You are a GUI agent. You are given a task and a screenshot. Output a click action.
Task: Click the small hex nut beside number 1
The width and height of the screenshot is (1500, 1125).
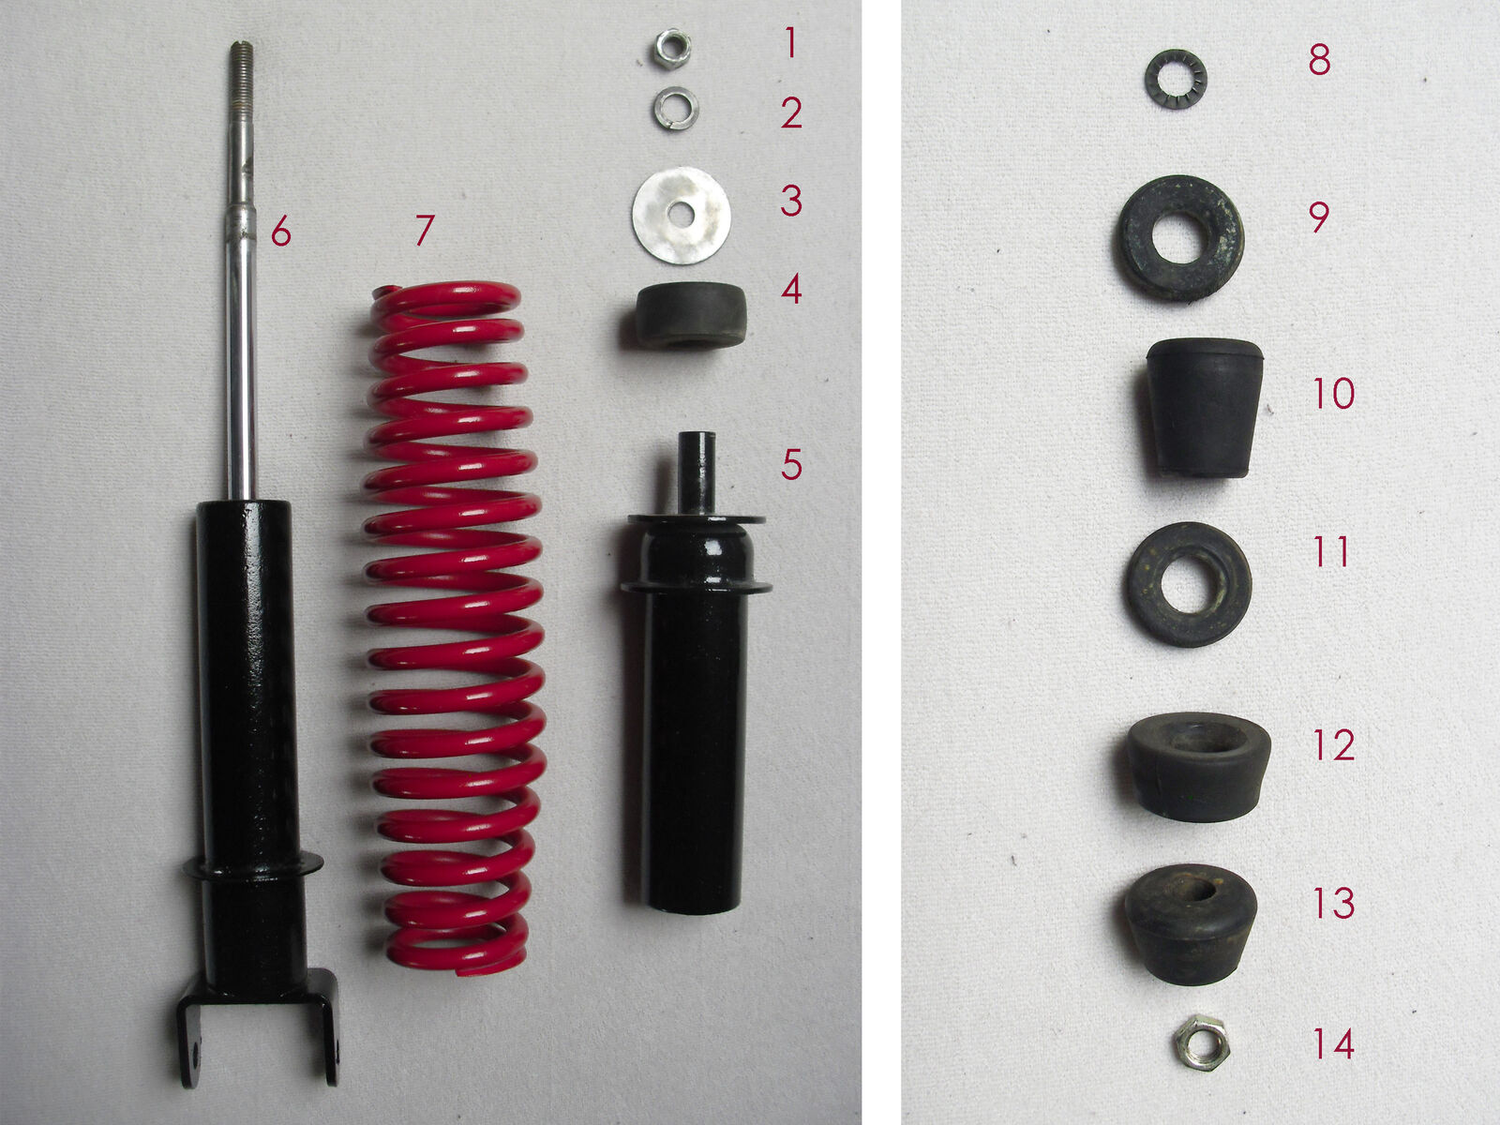tap(673, 49)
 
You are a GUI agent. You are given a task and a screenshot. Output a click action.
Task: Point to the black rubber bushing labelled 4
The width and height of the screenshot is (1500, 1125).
tap(691, 315)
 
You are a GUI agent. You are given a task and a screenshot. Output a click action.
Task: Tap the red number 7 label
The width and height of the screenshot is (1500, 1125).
tap(425, 230)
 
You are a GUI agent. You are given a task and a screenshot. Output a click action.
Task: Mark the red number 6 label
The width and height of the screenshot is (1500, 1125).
tap(281, 230)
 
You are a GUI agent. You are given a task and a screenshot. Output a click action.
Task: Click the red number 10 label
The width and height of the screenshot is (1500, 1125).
tap(1333, 393)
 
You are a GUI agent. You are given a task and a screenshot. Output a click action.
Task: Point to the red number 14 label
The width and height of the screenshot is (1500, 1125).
tap(1333, 1043)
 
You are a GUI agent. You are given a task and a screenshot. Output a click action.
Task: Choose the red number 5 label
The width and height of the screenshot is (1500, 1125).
tap(791, 464)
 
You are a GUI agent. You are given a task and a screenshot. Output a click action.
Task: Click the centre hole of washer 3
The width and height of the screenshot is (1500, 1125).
tap(681, 215)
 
